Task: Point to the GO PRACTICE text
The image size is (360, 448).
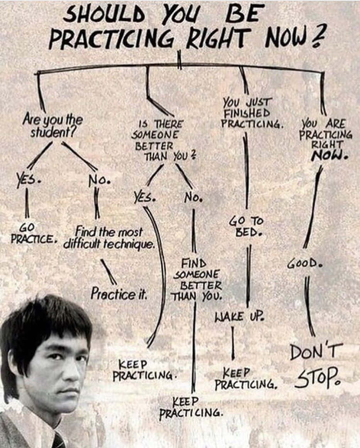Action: (x=32, y=233)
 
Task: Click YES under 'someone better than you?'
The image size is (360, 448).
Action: (x=144, y=197)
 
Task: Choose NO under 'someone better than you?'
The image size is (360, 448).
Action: (x=193, y=197)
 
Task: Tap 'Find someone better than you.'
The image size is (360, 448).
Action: (x=197, y=280)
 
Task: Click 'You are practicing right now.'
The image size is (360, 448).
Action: (x=325, y=139)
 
